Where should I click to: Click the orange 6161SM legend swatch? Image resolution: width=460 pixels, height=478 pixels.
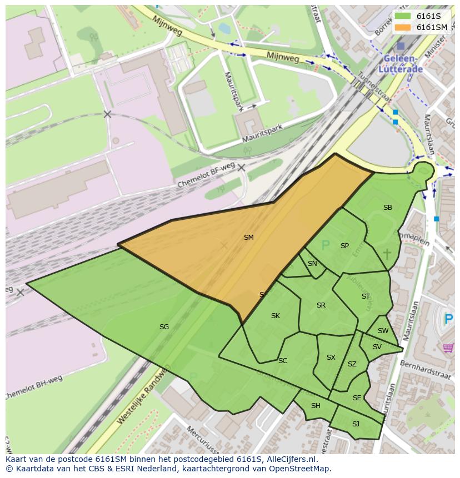pos(403,27)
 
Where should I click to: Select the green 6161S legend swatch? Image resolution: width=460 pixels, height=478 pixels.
pos(403,16)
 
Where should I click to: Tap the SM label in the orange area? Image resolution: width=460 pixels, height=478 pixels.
pos(248,238)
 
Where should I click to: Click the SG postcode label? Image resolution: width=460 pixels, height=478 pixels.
pos(164,327)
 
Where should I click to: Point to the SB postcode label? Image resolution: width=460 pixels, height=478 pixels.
pos(387,208)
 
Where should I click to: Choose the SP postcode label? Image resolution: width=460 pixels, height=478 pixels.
pos(344,246)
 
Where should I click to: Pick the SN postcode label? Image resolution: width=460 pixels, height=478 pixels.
pos(312,264)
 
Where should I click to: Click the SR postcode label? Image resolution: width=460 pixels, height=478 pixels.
pos(321,305)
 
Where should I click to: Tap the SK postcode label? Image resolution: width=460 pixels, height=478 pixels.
pos(275,316)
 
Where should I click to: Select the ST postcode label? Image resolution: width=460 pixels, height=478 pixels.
pos(366,296)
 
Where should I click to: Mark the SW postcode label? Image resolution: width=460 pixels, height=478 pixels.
pos(383,331)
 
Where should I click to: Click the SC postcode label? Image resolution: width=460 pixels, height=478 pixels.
pos(283,361)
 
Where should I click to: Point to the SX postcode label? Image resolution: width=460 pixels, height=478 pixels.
pos(331,358)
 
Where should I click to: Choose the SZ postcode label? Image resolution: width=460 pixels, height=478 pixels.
pos(352,365)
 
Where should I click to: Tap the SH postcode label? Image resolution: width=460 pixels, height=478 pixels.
pos(316,406)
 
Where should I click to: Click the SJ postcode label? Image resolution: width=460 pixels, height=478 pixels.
pos(356,424)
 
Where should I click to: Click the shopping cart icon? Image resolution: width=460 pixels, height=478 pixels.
pos(448,348)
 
